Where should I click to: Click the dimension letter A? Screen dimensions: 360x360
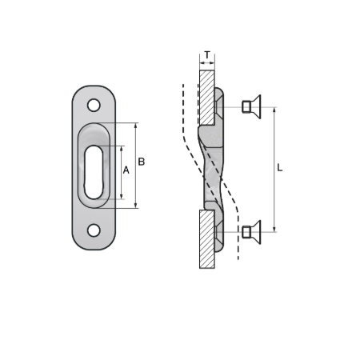(126, 170)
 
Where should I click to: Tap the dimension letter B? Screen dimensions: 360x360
(141, 162)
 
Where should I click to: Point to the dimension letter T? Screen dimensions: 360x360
(207, 56)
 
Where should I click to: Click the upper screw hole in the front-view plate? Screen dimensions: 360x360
(94, 105)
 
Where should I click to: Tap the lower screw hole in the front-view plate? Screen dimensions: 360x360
(94, 230)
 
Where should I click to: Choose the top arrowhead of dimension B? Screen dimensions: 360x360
(136, 126)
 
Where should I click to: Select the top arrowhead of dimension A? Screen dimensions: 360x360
(122, 148)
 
